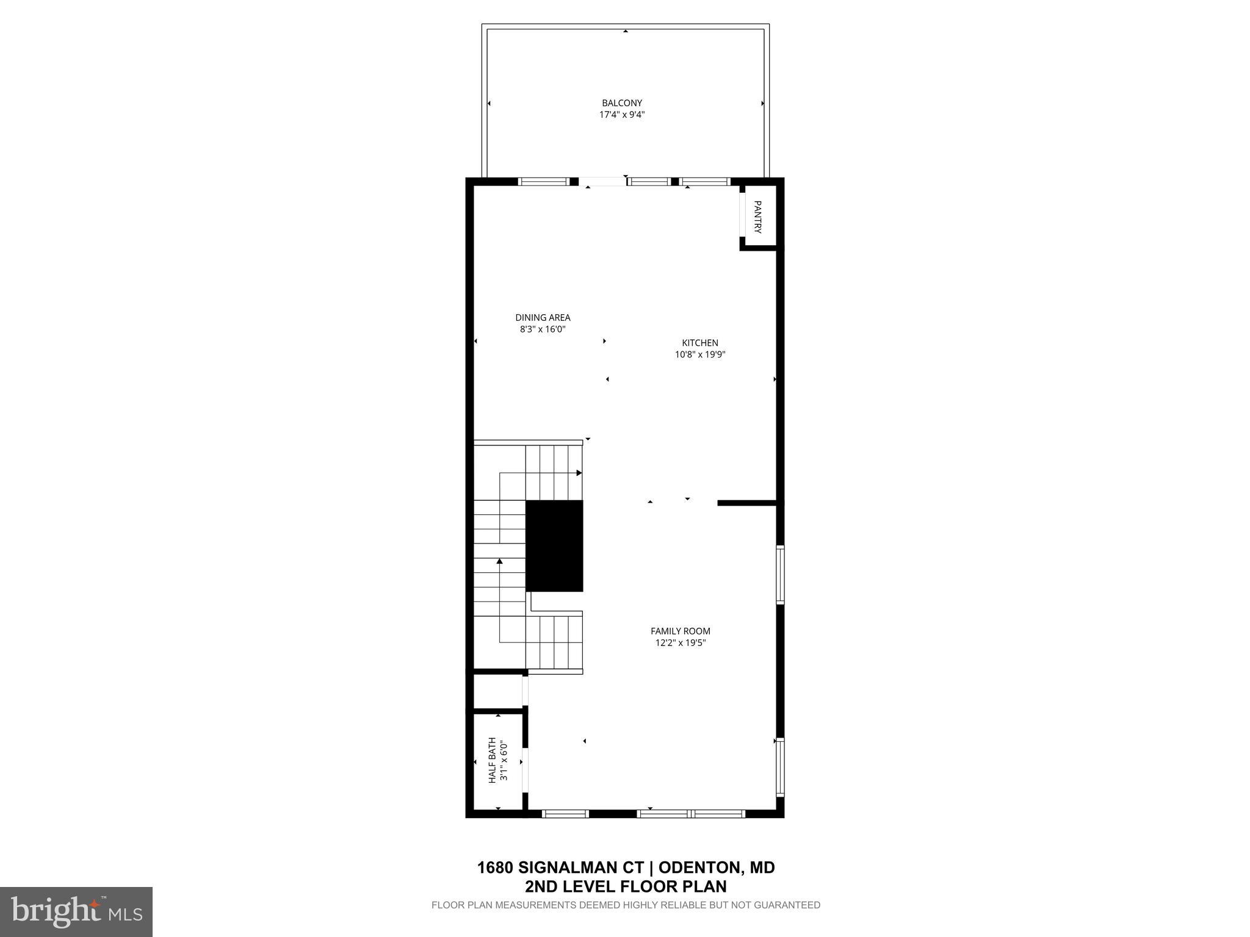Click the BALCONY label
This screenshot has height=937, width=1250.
coord(622,103)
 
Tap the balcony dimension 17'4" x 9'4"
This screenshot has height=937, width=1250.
coord(622,115)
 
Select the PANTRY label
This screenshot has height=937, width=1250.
coord(757,217)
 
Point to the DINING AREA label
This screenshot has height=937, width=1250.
coord(543,317)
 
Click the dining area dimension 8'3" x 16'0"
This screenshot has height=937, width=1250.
coord(543,329)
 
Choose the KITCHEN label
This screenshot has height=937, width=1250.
coord(700,343)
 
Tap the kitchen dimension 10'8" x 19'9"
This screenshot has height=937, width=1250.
coord(700,354)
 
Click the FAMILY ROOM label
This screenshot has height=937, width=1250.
coord(680,631)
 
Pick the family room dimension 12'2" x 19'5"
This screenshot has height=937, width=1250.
coord(680,643)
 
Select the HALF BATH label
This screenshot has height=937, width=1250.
coord(492,761)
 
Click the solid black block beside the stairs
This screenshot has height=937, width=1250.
coord(554,546)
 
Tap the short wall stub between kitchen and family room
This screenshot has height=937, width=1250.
coord(746,503)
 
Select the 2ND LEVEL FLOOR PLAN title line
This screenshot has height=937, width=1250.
coord(626,886)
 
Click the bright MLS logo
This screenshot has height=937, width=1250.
coord(76,911)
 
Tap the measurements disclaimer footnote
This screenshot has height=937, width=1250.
coord(626,905)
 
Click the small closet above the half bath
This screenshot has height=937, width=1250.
coord(497,692)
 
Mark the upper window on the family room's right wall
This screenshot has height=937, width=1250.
coord(780,575)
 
